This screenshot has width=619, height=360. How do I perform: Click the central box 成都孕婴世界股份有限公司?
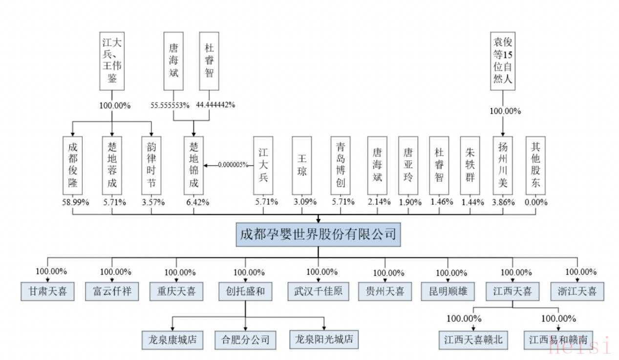(318, 234)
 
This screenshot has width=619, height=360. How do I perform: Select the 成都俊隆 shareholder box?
(73, 166)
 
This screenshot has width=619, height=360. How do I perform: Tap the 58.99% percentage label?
(73, 202)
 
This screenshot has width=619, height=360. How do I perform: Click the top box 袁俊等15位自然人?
(503, 61)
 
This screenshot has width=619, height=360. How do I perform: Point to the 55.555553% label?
(169, 105)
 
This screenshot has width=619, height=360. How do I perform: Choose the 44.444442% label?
(215, 105)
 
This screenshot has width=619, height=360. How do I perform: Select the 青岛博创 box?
(341, 166)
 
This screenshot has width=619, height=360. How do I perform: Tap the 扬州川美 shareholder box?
(503, 166)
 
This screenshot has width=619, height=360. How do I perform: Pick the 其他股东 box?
(536, 166)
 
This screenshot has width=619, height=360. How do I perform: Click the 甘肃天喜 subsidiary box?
(47, 292)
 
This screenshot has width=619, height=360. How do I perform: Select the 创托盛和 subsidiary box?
(245, 292)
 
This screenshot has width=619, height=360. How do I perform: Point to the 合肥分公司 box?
(245, 339)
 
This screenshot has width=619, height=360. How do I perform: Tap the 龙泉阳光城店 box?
(323, 339)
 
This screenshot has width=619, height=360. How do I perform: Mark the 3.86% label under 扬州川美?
(503, 202)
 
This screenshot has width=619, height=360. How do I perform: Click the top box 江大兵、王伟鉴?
(112, 61)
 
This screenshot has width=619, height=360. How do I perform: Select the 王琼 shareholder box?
(302, 166)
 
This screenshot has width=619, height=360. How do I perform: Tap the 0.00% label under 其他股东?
(536, 202)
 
